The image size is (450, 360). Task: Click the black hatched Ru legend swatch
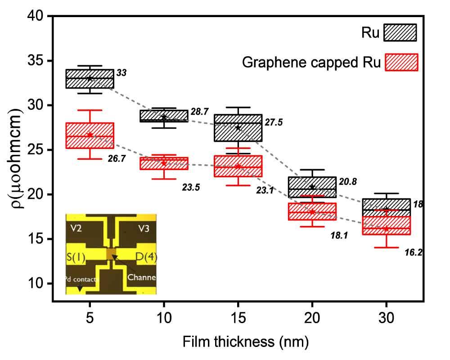coord(400,33)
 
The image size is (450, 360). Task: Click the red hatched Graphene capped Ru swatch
coord(402,62)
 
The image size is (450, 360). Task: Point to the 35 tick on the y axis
coord(39,61)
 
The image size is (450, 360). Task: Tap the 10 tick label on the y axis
coord(39,283)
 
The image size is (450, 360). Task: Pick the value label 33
coord(121,73)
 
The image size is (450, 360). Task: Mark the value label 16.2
coord(414,253)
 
